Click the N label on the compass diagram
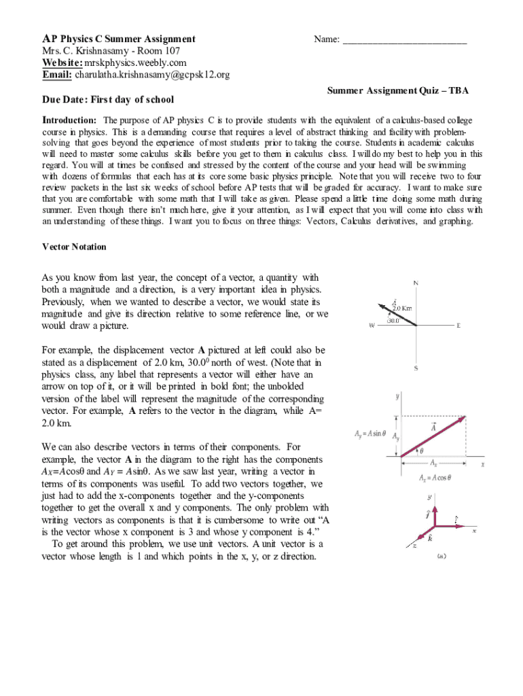coord(415,283)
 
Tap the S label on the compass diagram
coord(416,368)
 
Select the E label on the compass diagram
coord(458,326)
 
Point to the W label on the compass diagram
coord(372,326)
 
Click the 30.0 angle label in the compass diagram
coord(393,320)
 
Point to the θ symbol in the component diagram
coord(421,449)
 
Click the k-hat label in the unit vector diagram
coord(430,538)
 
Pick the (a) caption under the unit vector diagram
coord(441,555)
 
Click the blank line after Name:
coord(404,41)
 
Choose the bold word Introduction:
coord(71,120)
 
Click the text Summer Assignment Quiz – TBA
coord(398,90)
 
